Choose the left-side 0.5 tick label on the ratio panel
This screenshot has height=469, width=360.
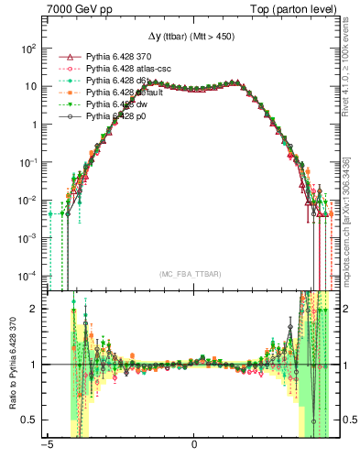click(x=28, y=420)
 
